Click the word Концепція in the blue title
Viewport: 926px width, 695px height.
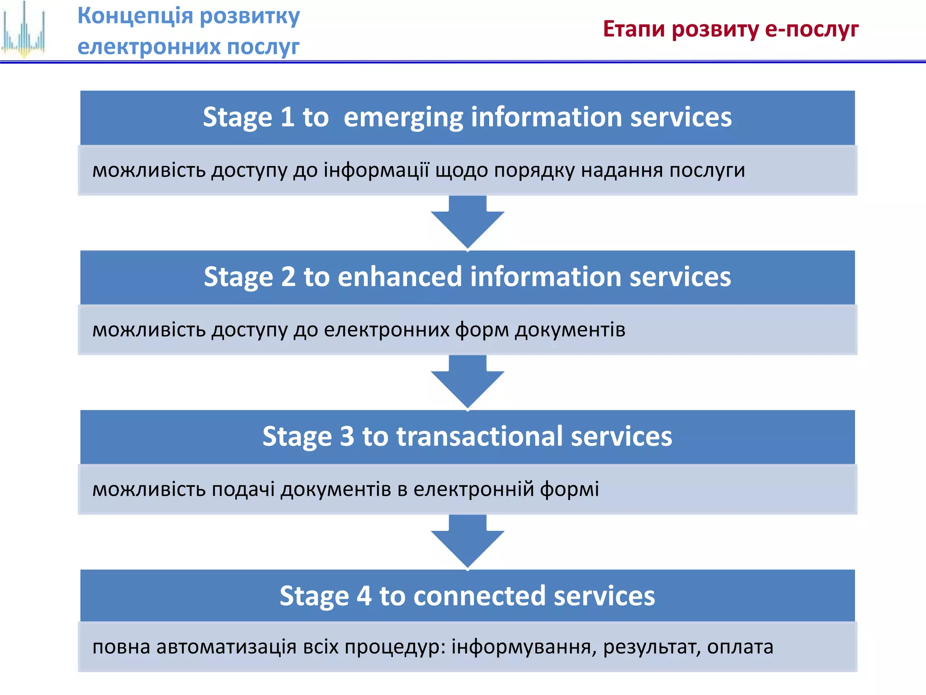tap(135, 16)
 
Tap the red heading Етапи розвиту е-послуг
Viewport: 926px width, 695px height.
tap(731, 29)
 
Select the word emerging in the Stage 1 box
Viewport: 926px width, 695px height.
tap(403, 118)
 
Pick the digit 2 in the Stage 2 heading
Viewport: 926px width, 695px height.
tap(288, 277)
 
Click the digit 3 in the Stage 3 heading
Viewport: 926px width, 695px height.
tap(347, 437)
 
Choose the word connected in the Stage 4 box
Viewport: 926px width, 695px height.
tap(479, 596)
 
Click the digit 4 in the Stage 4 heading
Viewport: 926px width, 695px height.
tap(364, 596)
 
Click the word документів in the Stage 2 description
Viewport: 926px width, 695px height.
tap(570, 330)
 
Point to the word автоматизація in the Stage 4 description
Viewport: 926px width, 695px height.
tap(227, 647)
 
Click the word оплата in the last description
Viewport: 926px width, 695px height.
tap(740, 647)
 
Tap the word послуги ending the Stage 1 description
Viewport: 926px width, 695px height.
tap(707, 171)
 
